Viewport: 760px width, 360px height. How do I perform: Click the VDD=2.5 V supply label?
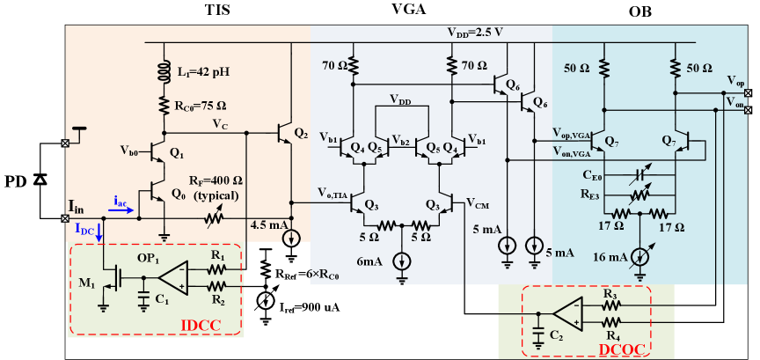click(x=475, y=33)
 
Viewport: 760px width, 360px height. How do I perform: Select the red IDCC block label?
click(x=201, y=326)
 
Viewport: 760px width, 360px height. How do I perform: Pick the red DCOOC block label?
click(x=622, y=349)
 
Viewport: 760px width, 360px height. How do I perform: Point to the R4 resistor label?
click(x=612, y=336)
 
